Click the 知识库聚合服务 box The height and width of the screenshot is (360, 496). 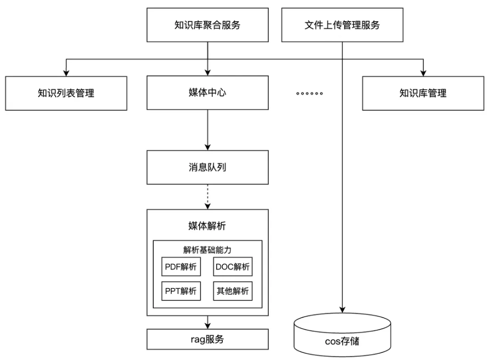(x=207, y=25)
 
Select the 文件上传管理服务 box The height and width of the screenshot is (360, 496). (x=342, y=25)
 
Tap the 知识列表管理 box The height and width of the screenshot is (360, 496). (x=66, y=93)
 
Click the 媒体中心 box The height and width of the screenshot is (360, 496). (x=207, y=93)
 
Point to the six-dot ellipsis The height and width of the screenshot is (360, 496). (x=309, y=94)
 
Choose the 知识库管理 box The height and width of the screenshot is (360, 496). (x=423, y=93)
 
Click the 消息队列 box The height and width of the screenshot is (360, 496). (x=207, y=167)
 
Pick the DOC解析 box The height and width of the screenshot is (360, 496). (x=232, y=267)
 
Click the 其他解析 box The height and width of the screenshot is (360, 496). (x=232, y=291)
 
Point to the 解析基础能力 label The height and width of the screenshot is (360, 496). (x=207, y=250)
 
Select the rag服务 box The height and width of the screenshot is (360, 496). (x=207, y=339)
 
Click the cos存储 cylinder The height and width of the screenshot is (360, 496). (x=342, y=338)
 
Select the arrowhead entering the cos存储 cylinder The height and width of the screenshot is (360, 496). (x=342, y=309)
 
